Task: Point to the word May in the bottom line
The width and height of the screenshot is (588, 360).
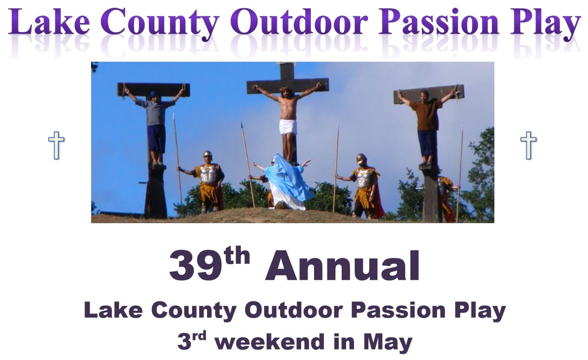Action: [387, 342]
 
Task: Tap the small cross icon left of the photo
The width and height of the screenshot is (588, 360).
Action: [56, 145]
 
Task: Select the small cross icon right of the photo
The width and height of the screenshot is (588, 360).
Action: [528, 145]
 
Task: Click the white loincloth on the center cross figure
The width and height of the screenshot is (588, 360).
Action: [288, 127]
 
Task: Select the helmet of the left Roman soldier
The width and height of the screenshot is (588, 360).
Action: [208, 154]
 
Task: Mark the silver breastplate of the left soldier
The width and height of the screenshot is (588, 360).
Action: [209, 174]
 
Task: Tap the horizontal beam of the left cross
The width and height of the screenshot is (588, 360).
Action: [153, 89]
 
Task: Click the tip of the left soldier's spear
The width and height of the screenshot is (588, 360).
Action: [173, 117]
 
